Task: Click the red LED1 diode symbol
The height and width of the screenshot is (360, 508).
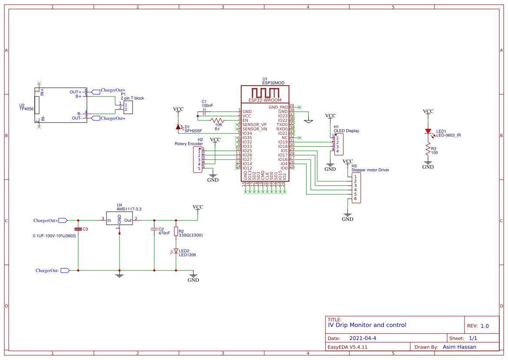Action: point(428,131)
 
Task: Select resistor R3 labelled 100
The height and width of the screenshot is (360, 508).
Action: point(428,150)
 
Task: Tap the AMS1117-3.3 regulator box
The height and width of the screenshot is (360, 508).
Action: point(119,220)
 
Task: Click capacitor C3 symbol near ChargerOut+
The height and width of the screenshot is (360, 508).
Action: point(78,229)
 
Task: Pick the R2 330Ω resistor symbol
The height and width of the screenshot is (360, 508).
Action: point(176,231)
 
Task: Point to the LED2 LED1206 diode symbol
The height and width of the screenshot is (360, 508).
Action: point(176,251)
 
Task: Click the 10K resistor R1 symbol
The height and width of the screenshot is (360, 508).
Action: point(217,120)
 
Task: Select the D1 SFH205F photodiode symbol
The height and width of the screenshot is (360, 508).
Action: point(178,127)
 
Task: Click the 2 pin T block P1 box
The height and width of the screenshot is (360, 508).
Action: point(128,107)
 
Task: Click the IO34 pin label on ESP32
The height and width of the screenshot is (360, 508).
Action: point(247,133)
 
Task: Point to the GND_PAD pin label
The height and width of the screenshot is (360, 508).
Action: point(278,107)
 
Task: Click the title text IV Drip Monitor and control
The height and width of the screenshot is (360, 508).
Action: point(367,325)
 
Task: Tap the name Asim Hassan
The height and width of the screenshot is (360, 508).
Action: point(459,347)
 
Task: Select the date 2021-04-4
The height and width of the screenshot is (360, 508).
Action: point(363,338)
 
